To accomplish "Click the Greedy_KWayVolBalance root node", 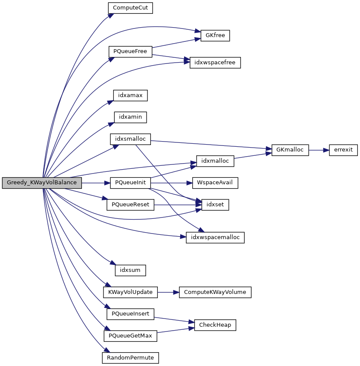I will click(42, 183).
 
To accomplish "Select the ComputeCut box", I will click(130, 8).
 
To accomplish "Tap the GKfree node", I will click(215, 35).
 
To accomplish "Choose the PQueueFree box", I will click(130, 51).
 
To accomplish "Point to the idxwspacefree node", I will click(215, 63).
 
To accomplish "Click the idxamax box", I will click(130, 95).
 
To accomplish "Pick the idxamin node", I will click(130, 117).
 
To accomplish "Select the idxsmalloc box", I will click(130, 139).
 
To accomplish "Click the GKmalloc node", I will click(290, 150).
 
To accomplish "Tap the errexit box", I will click(343, 150).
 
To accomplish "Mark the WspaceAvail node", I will click(215, 183).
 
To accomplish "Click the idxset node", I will click(213, 205).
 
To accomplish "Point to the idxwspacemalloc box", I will click(215, 237).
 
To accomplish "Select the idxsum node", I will click(130, 270).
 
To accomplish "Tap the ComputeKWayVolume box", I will click(215, 292).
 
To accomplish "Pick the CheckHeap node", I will click(215, 325).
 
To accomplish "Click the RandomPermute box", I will click(130, 358).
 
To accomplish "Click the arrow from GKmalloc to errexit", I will click(319, 150).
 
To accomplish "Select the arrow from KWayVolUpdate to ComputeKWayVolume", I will click(168, 292).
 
